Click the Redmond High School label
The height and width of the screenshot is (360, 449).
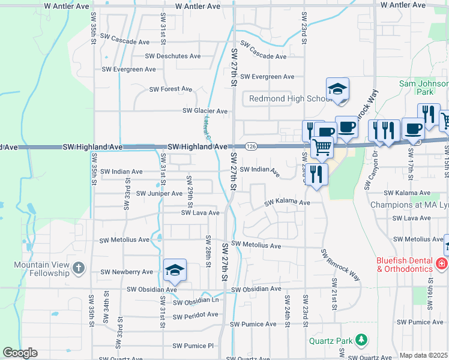(x=286, y=98)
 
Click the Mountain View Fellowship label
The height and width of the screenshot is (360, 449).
(x=42, y=269)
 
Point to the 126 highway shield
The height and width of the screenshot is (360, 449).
(x=251, y=146)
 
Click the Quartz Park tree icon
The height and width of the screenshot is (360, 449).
(x=361, y=341)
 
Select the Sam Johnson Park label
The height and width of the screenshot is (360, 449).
(x=424, y=88)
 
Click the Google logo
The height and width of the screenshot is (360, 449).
(x=20, y=353)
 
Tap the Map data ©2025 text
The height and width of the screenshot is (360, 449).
(x=424, y=355)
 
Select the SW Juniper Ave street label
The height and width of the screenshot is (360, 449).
(x=159, y=193)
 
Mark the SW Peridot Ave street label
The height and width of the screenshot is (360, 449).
(x=196, y=315)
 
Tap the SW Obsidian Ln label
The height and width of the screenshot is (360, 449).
(x=196, y=300)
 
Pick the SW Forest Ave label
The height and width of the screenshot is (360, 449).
(x=171, y=89)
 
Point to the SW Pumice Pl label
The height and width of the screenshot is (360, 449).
(x=193, y=346)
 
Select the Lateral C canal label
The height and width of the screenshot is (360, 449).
(x=207, y=127)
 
